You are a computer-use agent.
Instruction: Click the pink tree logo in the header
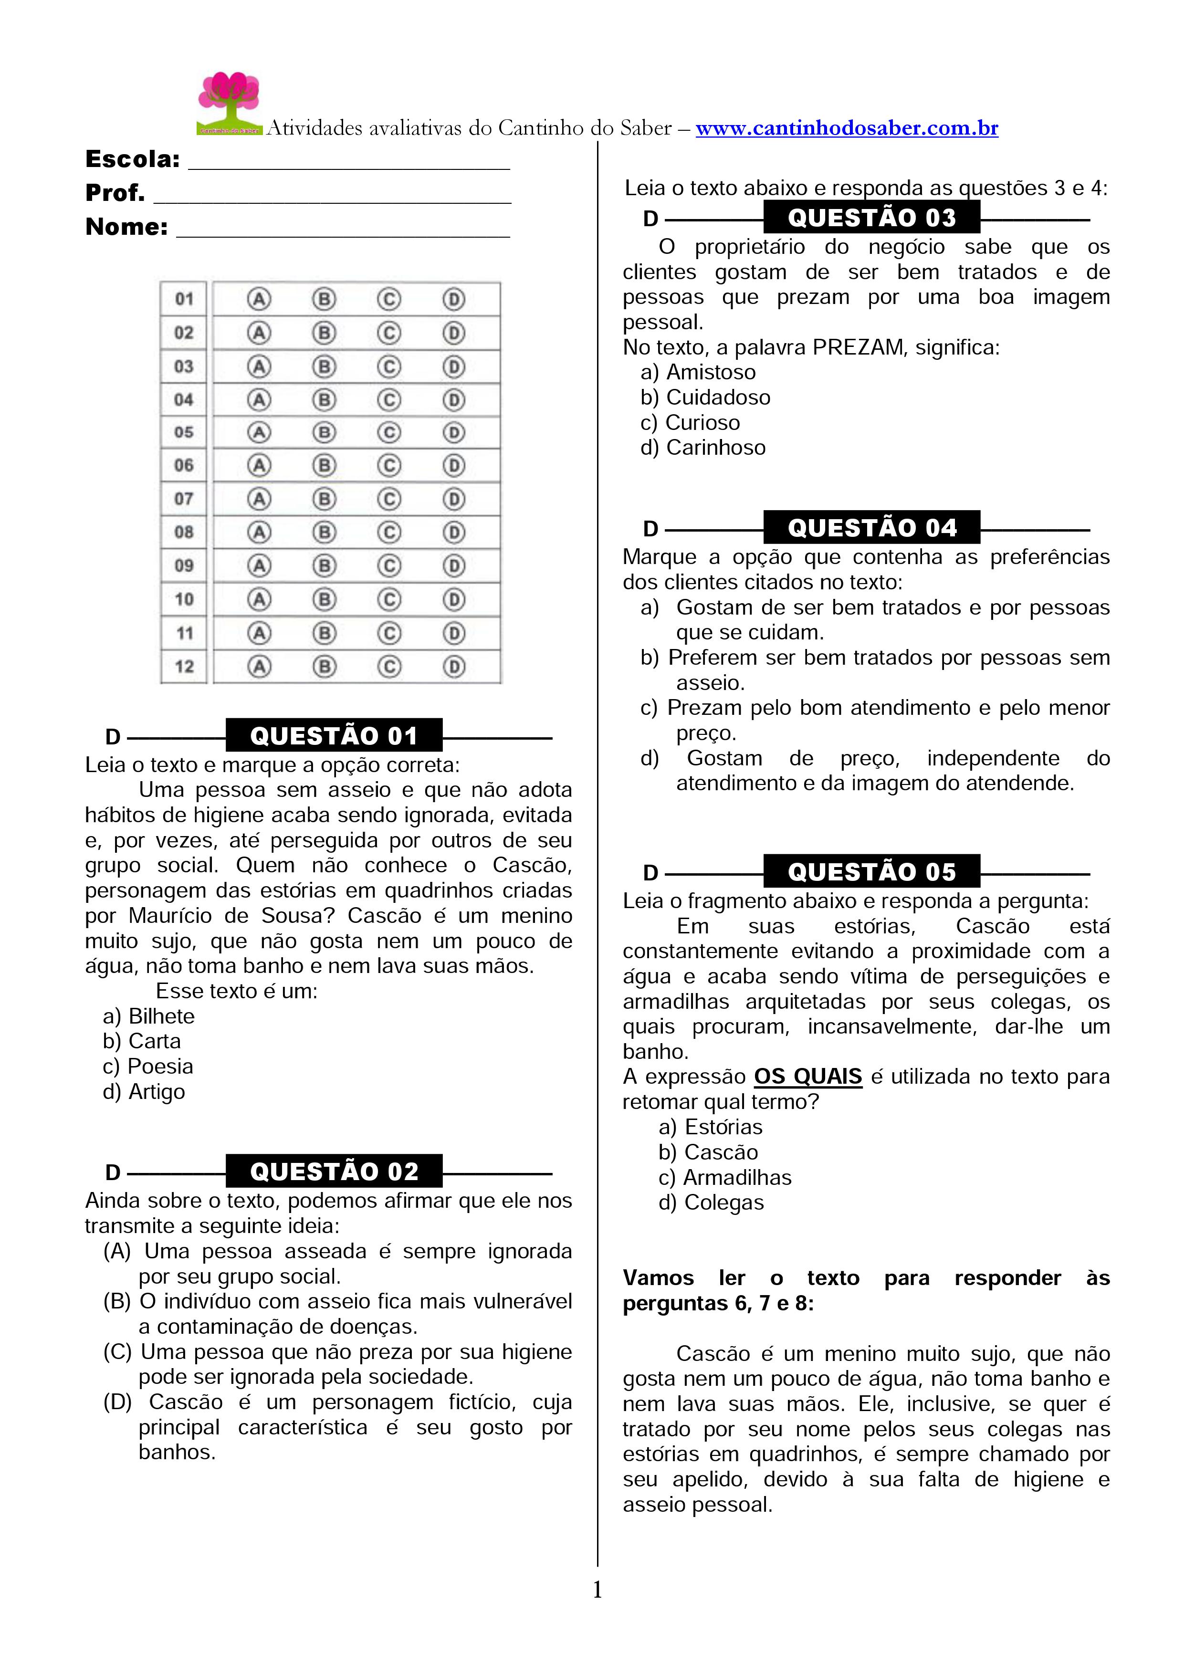pyautogui.click(x=229, y=102)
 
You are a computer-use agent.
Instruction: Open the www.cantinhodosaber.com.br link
pyautogui.click(x=847, y=128)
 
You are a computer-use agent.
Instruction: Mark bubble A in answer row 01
pyautogui.click(x=259, y=299)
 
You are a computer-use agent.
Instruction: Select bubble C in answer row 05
pyautogui.click(x=388, y=432)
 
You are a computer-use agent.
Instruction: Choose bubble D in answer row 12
pyautogui.click(x=453, y=666)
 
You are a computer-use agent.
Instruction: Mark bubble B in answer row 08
pyautogui.click(x=324, y=532)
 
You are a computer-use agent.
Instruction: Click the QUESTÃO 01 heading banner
pyautogui.click(x=334, y=736)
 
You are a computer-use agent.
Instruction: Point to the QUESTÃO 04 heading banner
pyautogui.click(x=871, y=528)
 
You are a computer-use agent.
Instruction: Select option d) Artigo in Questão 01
pyautogui.click(x=144, y=1091)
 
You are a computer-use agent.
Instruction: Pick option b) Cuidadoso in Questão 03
pyautogui.click(x=705, y=398)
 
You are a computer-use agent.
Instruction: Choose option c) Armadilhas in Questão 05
pyautogui.click(x=725, y=1178)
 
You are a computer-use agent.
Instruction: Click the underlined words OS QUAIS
pyautogui.click(x=808, y=1077)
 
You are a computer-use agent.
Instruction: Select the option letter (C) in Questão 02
pyautogui.click(x=117, y=1352)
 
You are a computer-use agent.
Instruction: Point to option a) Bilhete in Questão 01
pyautogui.click(x=149, y=1016)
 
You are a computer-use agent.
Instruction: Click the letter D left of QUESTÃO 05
pyautogui.click(x=650, y=873)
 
